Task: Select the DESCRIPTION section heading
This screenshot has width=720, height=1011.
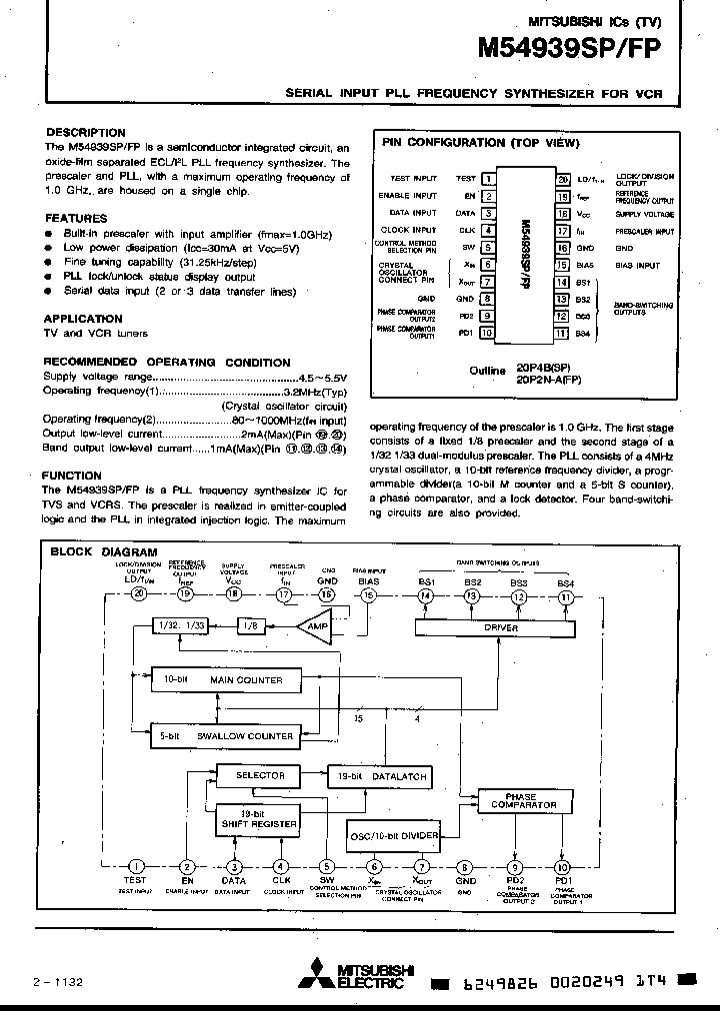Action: (x=86, y=132)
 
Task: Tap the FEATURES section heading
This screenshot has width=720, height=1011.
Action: (x=76, y=218)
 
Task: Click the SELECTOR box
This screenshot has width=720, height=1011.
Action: (x=259, y=775)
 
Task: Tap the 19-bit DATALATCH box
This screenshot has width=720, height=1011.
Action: (x=380, y=775)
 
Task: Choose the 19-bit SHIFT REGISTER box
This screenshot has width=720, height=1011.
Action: (x=258, y=819)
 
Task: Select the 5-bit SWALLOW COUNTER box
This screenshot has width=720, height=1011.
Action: (x=222, y=735)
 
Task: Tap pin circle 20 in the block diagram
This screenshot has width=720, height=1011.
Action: (x=139, y=594)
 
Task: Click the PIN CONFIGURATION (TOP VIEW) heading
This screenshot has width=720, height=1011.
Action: (x=481, y=143)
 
